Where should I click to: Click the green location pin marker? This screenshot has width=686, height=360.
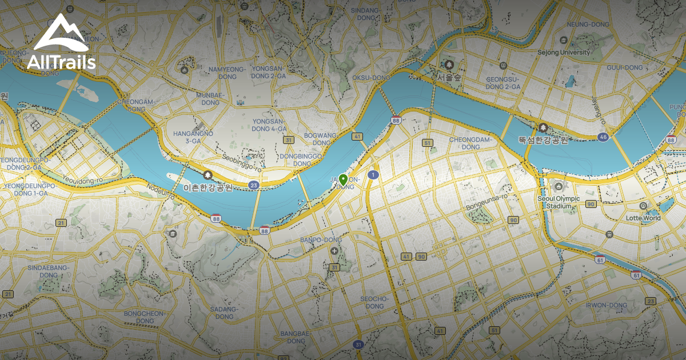coord(343,178)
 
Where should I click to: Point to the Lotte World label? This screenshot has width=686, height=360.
coord(643,218)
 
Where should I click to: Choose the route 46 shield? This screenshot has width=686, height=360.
coord(603,137)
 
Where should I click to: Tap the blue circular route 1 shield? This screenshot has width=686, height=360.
coord(373,175)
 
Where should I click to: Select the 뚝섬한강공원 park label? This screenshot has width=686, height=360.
coord(543,140)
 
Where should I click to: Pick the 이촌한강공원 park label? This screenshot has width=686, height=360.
coord(207,187)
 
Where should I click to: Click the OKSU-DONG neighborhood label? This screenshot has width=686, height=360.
coord(371,77)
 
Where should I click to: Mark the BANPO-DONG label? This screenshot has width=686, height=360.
coord(321,240)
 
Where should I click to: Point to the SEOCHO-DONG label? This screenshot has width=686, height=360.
coord(374,302)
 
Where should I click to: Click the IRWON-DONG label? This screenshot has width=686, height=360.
coord(607,305)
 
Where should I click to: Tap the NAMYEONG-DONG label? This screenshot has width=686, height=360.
coord(219,73)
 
